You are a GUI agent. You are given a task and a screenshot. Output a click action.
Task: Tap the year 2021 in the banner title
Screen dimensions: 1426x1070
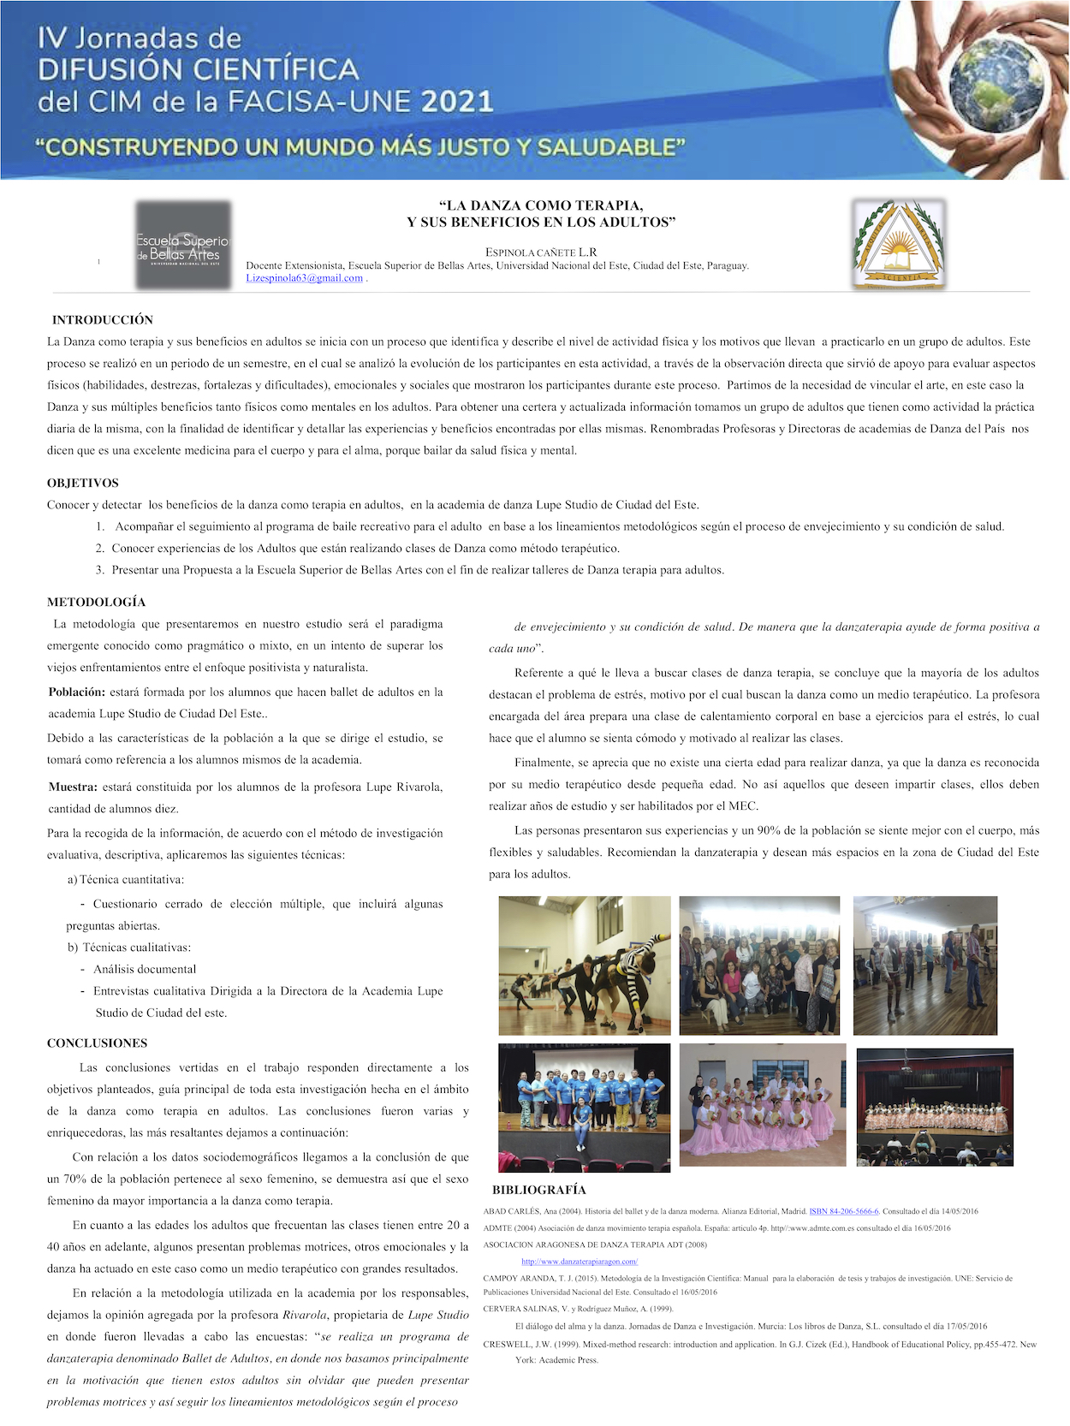(457, 102)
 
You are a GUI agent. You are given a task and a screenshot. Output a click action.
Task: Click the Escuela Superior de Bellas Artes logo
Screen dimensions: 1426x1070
(183, 245)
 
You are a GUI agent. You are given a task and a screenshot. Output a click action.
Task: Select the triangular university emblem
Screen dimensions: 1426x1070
(898, 244)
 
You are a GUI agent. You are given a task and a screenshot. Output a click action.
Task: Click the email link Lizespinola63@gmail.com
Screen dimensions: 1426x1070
(305, 278)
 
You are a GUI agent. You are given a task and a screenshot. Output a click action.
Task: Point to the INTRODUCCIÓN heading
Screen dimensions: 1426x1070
(103, 320)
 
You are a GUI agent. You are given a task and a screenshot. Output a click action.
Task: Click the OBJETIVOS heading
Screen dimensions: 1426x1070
(83, 483)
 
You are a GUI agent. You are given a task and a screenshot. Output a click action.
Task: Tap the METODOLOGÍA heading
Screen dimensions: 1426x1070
(97, 602)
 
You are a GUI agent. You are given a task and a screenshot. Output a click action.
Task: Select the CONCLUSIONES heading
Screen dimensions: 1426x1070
(97, 1043)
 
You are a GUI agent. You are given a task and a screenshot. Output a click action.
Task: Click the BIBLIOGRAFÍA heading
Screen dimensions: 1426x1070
(539, 1190)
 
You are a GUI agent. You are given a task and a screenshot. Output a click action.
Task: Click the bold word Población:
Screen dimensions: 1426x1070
(77, 692)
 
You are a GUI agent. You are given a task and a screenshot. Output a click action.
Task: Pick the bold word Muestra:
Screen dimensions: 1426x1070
(74, 787)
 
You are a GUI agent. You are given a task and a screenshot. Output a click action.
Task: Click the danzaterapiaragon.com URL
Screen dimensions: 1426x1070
(580, 1261)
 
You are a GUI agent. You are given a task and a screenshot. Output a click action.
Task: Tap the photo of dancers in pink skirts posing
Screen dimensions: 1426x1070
(762, 1104)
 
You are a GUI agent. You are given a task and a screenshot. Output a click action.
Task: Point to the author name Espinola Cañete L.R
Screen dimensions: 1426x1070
(541, 253)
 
